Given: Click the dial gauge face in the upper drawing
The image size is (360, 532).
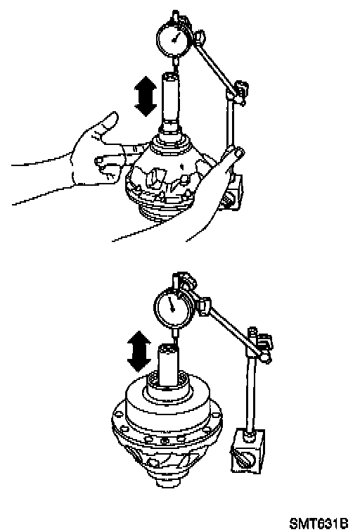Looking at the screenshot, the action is pos(173,38).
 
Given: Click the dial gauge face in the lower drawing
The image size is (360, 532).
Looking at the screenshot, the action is pos(172,306).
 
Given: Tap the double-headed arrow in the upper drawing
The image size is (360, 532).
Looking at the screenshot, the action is pos(146,96).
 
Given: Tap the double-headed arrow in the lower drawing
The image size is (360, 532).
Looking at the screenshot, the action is pos(139,352).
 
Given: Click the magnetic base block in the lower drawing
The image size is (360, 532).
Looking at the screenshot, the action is pos(247,452).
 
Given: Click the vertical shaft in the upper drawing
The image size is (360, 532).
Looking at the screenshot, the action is pos(172,102).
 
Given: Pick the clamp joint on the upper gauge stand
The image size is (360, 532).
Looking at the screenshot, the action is pos(238,91).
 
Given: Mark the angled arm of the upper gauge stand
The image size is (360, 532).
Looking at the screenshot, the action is pos(214,65).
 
